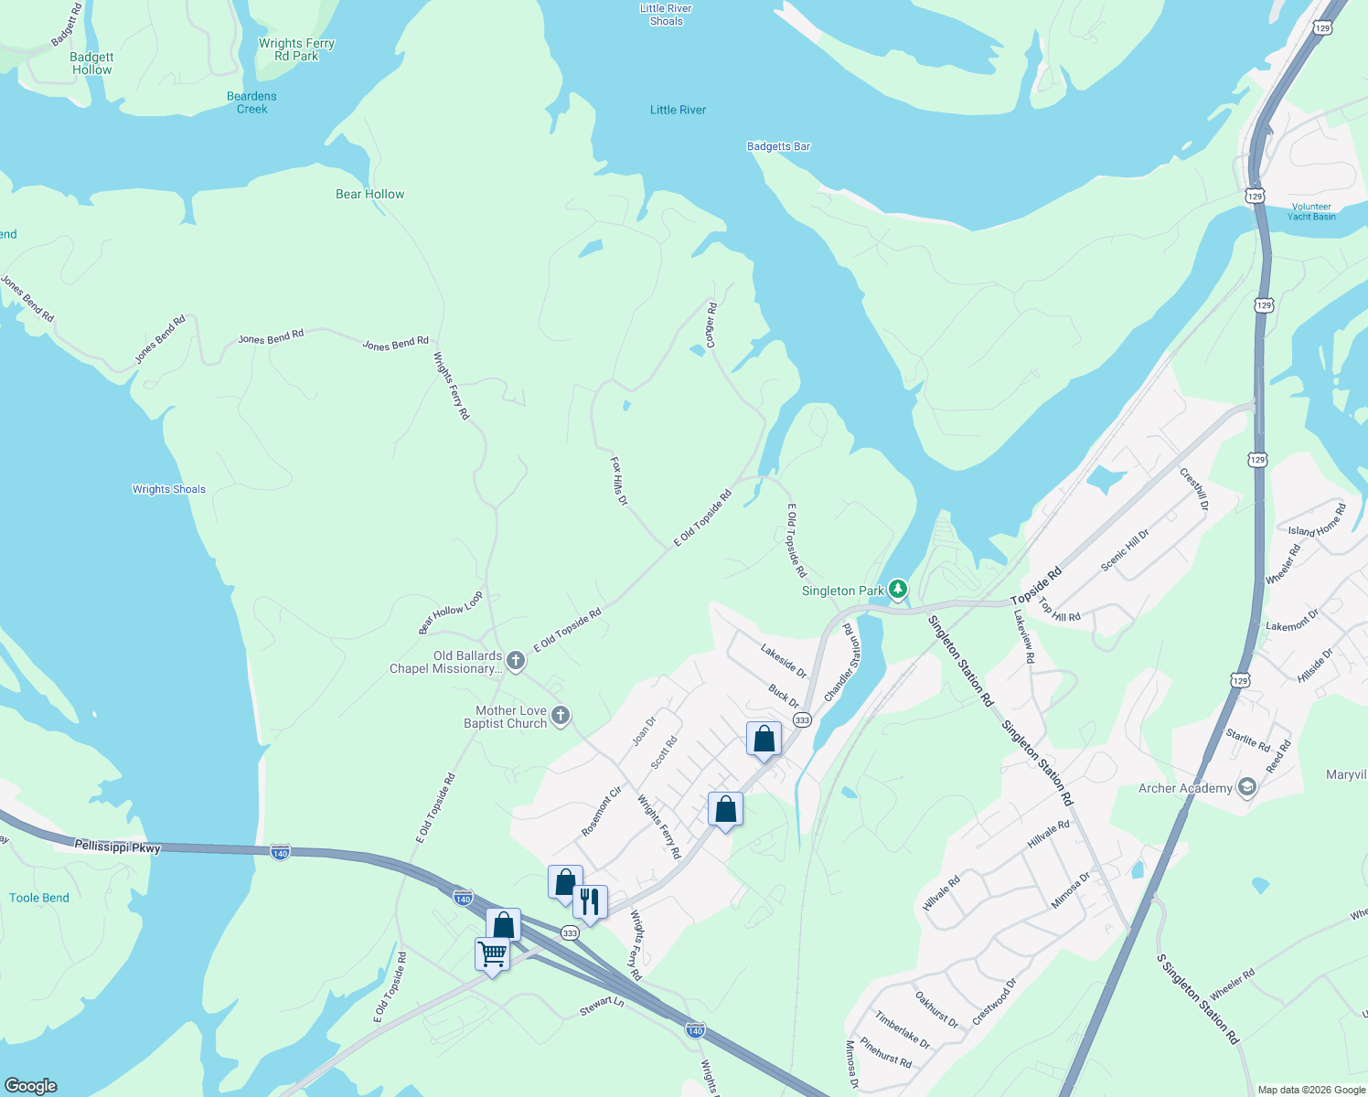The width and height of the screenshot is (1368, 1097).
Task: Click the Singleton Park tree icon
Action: tap(898, 590)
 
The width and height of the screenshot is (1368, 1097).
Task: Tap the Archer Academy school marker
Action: tap(1245, 787)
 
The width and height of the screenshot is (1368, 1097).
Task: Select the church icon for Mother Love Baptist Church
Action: tap(561, 716)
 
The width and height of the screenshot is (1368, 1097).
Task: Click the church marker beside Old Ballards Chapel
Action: tap(516, 660)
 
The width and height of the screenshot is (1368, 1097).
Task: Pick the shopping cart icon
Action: tap(493, 954)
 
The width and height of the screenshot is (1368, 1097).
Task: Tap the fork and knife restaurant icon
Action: tap(590, 902)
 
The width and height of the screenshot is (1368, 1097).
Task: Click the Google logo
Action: tap(31, 1085)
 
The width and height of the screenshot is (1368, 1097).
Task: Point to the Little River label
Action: tap(678, 110)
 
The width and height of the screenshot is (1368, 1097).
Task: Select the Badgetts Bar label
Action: tap(778, 146)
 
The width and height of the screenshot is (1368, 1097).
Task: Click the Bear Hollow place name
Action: tap(369, 194)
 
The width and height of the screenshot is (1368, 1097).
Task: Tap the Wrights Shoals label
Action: tap(169, 489)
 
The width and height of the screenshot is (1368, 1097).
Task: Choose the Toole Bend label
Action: tap(39, 898)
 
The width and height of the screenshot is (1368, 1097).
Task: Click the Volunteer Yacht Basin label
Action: tap(1311, 212)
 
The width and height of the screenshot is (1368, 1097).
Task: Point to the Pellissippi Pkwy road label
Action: tap(119, 847)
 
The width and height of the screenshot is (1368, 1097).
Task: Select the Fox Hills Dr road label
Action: tap(619, 482)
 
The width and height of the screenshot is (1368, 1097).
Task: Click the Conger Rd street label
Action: tap(711, 325)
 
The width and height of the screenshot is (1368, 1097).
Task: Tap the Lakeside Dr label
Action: tap(784, 661)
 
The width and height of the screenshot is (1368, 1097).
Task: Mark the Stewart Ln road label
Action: tap(602, 1005)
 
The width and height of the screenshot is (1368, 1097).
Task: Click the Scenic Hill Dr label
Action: tap(1125, 550)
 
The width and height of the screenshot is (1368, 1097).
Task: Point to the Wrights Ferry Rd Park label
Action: tap(296, 49)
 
